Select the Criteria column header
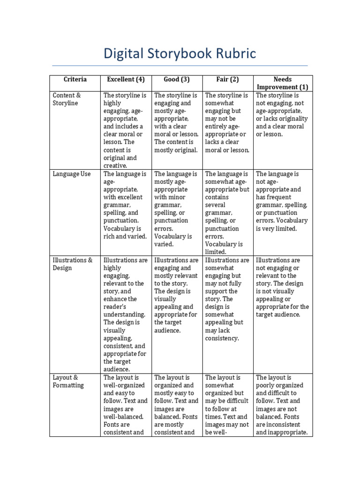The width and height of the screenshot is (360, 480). point(75,79)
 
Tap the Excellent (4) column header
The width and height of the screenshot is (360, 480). point(126,79)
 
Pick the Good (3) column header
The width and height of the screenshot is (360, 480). point(177,79)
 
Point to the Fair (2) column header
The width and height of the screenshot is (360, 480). point(227,79)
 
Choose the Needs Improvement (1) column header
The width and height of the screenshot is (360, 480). point(283,83)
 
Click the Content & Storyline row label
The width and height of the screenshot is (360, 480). point(67,99)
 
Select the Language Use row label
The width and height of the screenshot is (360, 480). point(72,174)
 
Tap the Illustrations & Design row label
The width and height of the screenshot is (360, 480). point(73,264)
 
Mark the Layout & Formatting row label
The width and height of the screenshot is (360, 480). point(68,381)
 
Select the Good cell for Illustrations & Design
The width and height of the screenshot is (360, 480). point(177,295)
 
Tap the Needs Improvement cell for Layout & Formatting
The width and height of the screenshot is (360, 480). point(283,405)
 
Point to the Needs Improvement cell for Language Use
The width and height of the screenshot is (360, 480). point(283,201)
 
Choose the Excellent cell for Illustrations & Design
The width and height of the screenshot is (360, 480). point(126,314)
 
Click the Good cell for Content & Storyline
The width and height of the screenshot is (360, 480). point(177,122)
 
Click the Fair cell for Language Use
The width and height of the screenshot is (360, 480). point(227,212)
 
